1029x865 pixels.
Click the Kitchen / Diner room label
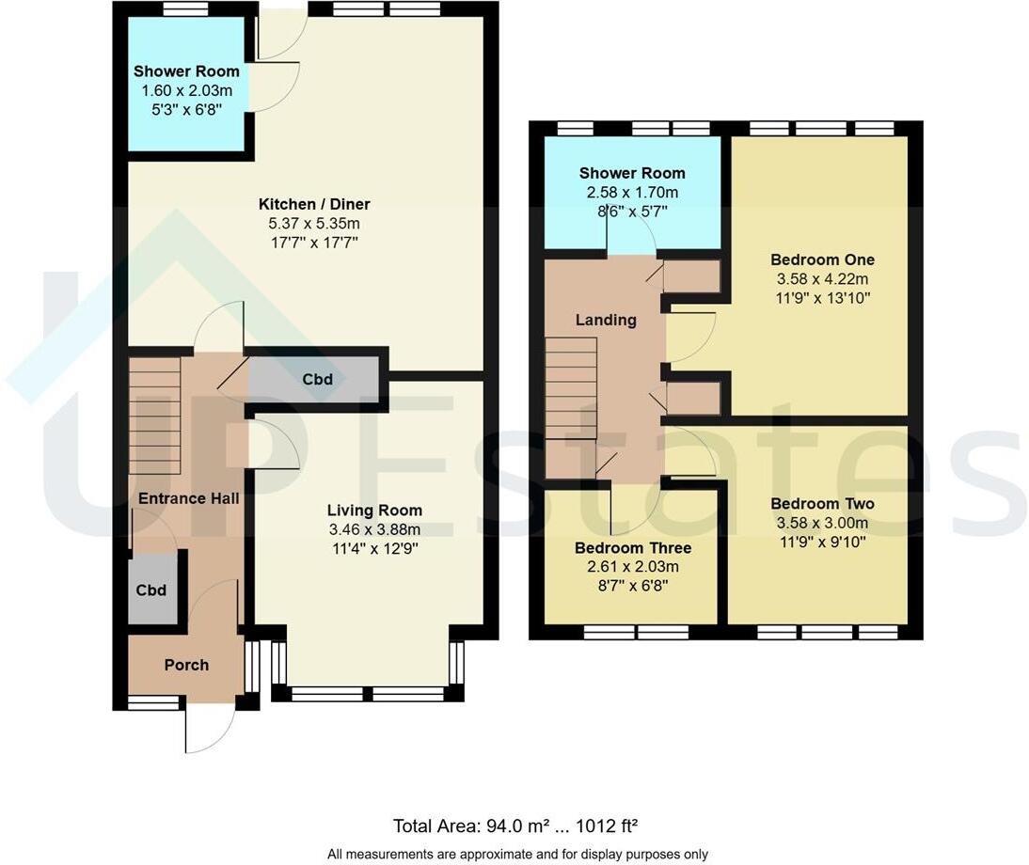(x=314, y=204)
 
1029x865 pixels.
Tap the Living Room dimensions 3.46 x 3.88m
(x=373, y=529)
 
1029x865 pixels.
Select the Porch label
(x=186, y=665)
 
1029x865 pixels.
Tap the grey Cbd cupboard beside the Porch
(x=152, y=590)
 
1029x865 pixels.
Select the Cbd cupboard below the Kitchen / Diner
(x=316, y=380)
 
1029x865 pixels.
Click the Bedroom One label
(x=822, y=259)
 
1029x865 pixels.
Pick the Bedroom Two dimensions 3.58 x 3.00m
(x=822, y=523)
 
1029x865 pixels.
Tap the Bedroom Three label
(x=633, y=548)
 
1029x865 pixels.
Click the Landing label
(x=606, y=320)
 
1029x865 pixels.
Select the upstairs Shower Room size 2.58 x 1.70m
(x=632, y=193)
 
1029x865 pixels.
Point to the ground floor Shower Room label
(x=186, y=71)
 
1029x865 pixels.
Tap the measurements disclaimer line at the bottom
(x=517, y=854)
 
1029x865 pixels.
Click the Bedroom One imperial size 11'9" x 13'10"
(x=822, y=298)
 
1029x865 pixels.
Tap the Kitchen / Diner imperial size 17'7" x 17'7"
(x=314, y=243)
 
